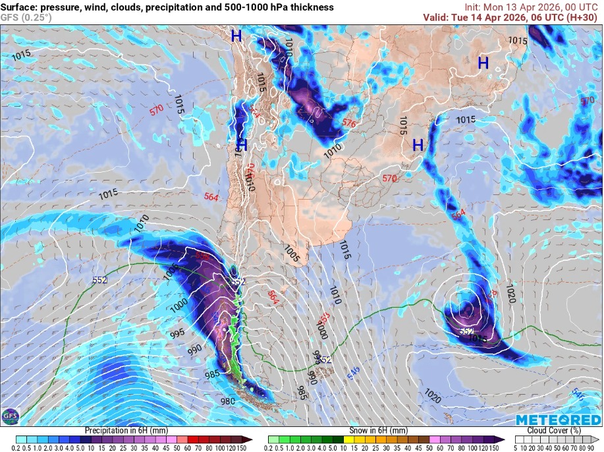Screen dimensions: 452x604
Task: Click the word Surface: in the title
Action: [19, 7]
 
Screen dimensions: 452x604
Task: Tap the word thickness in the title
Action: [312, 7]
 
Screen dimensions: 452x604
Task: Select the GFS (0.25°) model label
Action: [26, 17]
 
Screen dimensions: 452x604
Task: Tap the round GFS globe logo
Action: [11, 416]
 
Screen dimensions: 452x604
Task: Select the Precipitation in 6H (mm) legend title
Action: [126, 430]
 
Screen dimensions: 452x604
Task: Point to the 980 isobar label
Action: [227, 401]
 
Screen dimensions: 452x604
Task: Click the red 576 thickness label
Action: [349, 123]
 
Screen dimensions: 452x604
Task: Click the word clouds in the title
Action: [134, 7]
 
